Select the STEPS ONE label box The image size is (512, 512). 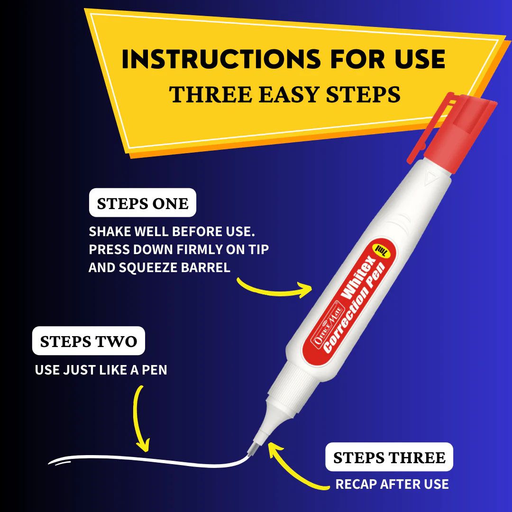143,204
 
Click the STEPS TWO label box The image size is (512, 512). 89,341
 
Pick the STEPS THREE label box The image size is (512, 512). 389,457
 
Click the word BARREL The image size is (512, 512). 207,267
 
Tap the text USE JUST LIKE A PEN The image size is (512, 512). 101,370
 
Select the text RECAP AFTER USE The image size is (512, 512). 392,484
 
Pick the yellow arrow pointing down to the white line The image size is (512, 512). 139,417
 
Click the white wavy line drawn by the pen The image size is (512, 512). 142,458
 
